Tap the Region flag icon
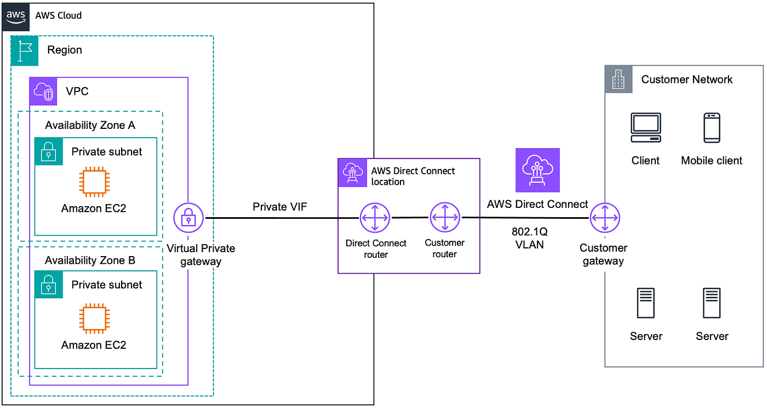point(25,50)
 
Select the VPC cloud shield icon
point(43,91)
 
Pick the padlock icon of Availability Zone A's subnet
point(48,151)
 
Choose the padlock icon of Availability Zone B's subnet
point(48,285)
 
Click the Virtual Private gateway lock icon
point(188,218)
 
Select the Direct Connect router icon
point(375,218)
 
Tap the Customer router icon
point(444,218)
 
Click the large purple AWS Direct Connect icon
point(537,170)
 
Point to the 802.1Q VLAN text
point(529,238)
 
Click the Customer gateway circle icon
point(605,218)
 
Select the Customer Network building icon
point(619,80)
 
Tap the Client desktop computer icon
point(645,128)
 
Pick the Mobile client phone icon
point(712,128)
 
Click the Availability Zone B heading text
point(90,260)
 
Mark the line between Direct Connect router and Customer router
point(410,218)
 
